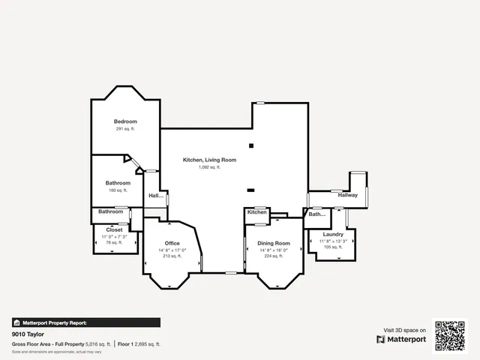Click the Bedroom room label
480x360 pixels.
pos(125,121)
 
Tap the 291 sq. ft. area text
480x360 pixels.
pos(125,129)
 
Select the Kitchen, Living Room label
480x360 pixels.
pos(210,160)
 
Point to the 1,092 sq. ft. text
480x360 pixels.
pos(209,167)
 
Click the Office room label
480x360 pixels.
pos(172,244)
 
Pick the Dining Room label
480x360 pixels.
pos(274,244)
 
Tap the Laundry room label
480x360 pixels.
pos(333,235)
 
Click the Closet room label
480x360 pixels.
pos(114,229)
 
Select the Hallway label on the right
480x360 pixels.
pos(347,195)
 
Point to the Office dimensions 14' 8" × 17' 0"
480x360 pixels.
pos(172,250)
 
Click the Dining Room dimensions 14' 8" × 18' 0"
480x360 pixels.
pos(274,250)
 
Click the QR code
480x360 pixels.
pos(450,336)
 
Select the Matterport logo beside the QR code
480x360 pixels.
pos(401,339)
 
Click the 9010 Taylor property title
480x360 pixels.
pos(25,334)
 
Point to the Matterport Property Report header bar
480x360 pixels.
pos(85,322)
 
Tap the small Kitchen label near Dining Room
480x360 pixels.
pos(257,212)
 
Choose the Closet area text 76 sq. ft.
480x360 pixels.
pos(114,242)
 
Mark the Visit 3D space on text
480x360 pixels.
pos(405,330)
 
